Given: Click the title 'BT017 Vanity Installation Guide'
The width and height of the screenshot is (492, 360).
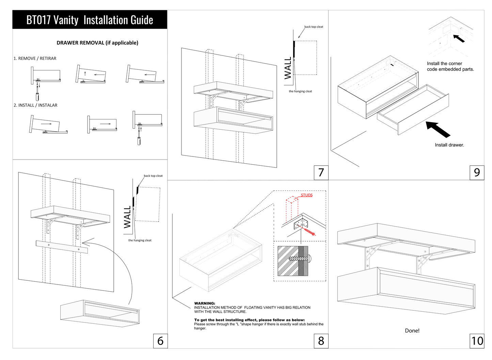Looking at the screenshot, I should click(x=90, y=20).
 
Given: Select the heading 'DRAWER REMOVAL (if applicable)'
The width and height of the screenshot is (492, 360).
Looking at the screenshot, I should click(x=97, y=43).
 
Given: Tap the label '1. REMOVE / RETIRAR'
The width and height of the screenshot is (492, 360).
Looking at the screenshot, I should click(x=35, y=59).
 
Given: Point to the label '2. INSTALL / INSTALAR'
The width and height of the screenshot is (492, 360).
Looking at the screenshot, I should click(x=35, y=105).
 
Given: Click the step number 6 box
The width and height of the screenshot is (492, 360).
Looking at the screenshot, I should click(x=160, y=341).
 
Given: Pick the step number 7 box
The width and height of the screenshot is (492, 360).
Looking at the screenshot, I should click(x=321, y=173).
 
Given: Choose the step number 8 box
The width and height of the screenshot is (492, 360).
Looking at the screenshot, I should click(x=321, y=341).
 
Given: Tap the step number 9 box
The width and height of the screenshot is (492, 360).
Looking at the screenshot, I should click(x=477, y=173).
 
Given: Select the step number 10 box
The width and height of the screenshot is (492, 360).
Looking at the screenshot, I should click(x=477, y=341).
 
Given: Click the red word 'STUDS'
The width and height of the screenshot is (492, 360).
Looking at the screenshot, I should click(x=306, y=195).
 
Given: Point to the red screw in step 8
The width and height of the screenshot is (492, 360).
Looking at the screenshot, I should click(x=310, y=232).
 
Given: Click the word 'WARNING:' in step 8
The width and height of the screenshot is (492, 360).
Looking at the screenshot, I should click(x=205, y=303).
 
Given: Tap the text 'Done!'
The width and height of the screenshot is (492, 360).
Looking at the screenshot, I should click(x=412, y=331).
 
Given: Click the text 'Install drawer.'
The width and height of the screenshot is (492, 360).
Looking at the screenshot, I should click(x=449, y=145).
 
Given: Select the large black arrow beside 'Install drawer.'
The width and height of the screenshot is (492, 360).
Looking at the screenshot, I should click(x=438, y=129).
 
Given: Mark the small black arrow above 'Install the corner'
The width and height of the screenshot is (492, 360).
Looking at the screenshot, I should click(x=459, y=38).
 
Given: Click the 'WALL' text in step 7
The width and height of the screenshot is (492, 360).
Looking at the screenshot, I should click(x=288, y=68).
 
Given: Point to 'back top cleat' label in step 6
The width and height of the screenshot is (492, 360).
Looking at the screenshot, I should click(x=153, y=176).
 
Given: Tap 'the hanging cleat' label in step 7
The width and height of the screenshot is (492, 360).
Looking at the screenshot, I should click(x=300, y=91).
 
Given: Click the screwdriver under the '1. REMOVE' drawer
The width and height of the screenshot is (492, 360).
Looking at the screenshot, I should click(x=37, y=96).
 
